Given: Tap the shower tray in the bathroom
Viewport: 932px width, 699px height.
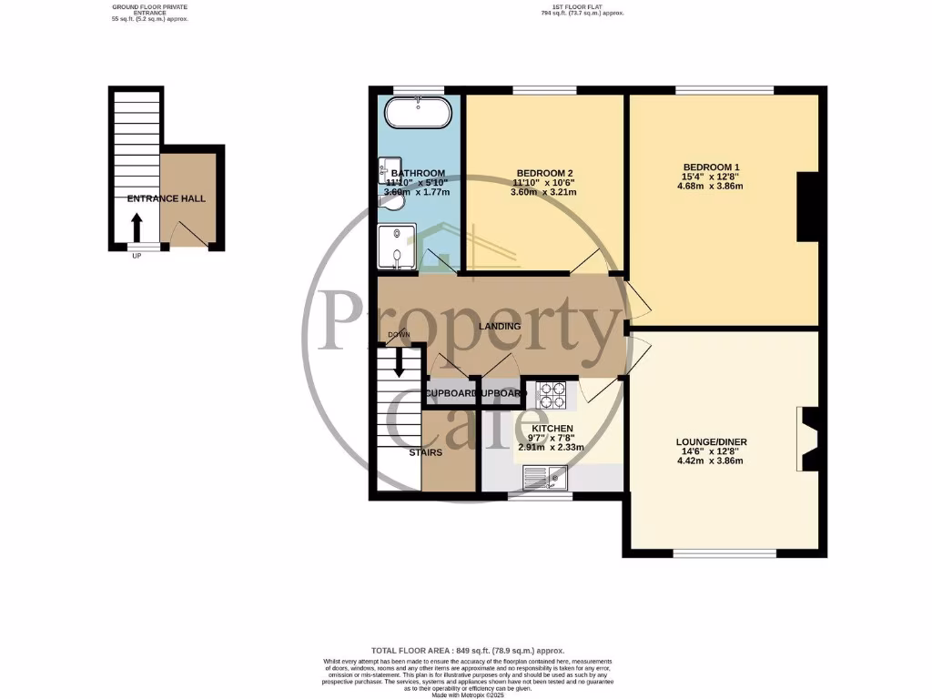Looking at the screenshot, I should coord(398,246).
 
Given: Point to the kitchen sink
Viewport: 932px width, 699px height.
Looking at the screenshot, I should coord(548,475).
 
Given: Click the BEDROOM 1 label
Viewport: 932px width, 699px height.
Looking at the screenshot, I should coord(711,167).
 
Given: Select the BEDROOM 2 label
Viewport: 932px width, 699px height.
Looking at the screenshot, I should coord(544,173).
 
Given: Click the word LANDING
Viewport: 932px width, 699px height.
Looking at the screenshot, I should coord(501,326).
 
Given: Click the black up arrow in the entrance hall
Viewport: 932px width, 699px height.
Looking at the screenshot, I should coord(137,225).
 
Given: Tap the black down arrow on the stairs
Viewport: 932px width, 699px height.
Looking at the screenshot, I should coord(399,362).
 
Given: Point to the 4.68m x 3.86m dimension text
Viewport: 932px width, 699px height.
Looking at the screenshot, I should coord(711,187).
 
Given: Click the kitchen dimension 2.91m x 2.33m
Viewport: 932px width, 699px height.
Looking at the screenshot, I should coord(552,448).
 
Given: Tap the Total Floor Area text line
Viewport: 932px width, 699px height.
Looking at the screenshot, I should coord(466,651).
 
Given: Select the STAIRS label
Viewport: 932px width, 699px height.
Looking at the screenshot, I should coord(426,452).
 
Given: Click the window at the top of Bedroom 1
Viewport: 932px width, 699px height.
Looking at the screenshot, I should coord(724,89).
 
